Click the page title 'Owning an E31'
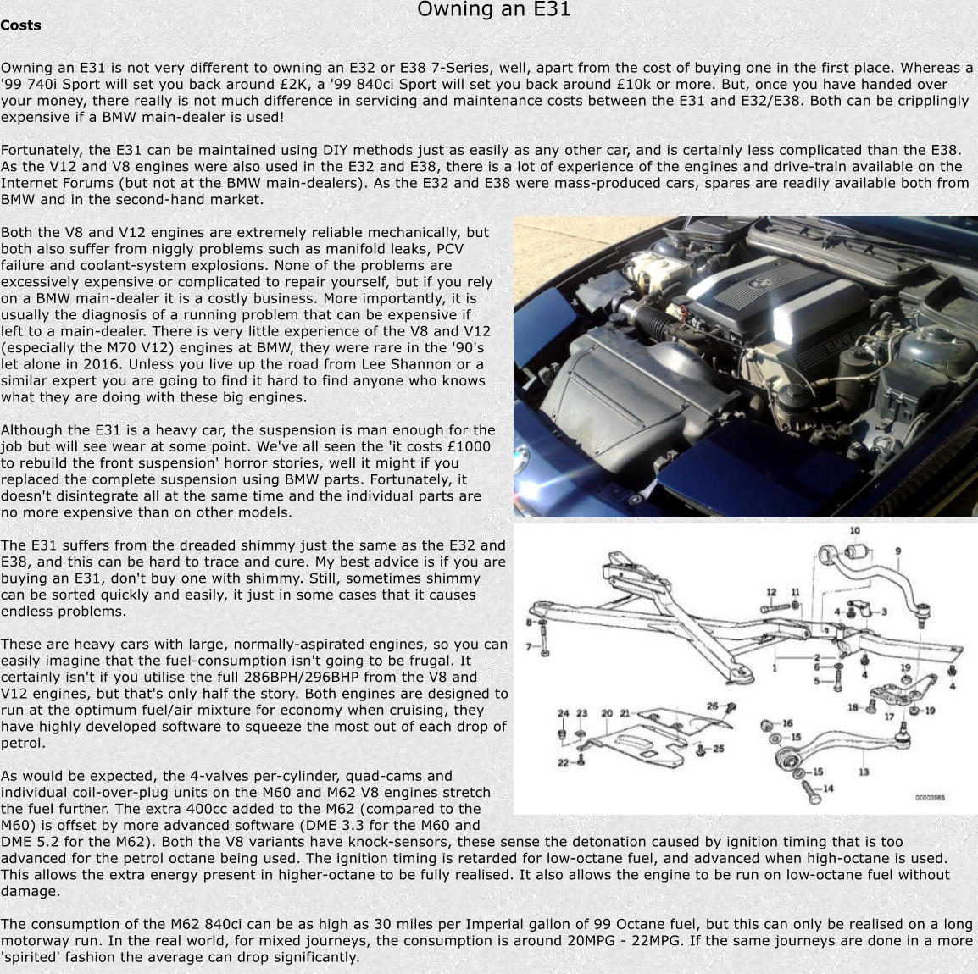(493, 10)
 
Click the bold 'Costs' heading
(21, 25)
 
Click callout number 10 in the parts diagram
(855, 531)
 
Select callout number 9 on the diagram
(897, 552)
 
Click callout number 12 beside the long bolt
(772, 593)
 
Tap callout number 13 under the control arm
(863, 772)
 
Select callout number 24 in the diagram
(563, 714)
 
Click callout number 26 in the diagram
(713, 706)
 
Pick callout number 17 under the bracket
(889, 717)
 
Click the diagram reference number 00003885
(930, 797)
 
